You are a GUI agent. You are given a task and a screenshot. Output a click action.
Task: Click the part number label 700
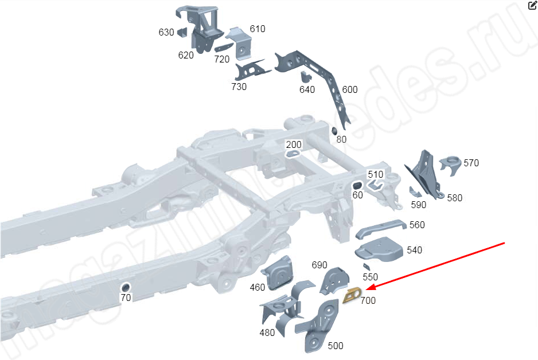(x=368, y=300)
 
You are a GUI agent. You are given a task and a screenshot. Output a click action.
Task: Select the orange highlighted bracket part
(x=350, y=295)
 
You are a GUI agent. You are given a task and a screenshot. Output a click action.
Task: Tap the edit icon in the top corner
(x=532, y=6)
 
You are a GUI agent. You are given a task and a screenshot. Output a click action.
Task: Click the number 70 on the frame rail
(x=126, y=297)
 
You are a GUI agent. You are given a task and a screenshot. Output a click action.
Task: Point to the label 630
(x=166, y=33)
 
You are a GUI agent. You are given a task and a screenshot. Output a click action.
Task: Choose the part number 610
(x=258, y=29)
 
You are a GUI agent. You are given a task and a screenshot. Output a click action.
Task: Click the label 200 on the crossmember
(x=294, y=144)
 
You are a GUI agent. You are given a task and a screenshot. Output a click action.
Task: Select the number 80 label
(x=341, y=139)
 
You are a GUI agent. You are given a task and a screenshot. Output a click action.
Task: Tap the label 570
(x=471, y=163)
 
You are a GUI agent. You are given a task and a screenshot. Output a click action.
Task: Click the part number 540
(x=414, y=250)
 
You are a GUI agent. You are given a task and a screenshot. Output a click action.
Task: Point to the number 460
(x=258, y=287)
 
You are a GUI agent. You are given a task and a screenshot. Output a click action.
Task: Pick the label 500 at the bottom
(x=336, y=346)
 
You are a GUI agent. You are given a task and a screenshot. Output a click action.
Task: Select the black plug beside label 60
(x=356, y=185)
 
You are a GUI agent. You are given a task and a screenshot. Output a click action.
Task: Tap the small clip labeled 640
(x=305, y=76)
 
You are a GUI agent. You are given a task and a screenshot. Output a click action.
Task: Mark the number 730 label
(x=239, y=87)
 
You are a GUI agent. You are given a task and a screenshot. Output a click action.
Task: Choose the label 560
(x=417, y=225)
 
